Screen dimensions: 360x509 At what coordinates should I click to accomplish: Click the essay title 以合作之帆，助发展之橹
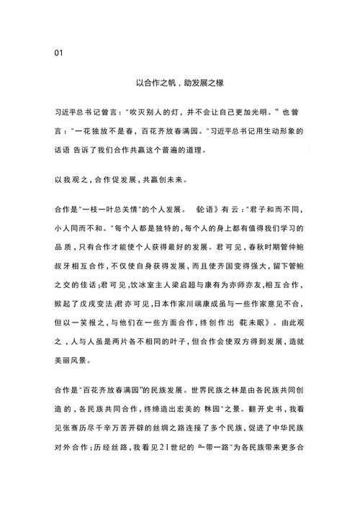click(179, 83)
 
